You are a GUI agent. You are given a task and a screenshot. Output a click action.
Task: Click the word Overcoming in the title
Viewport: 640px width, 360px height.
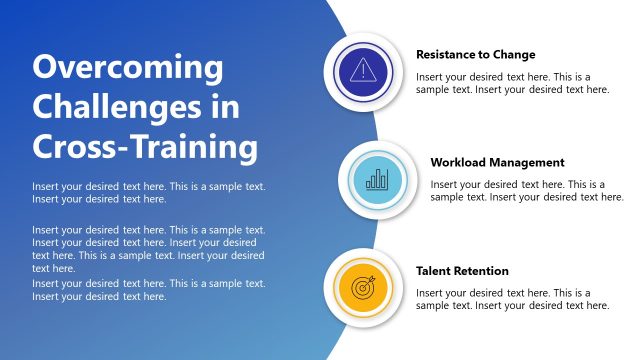point(128,69)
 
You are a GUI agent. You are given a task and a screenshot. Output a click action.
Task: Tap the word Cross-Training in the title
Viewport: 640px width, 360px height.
point(145,147)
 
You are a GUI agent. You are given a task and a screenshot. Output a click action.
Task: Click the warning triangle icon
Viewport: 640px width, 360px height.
point(362,70)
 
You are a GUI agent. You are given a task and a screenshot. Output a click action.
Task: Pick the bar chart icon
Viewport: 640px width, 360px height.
point(377,180)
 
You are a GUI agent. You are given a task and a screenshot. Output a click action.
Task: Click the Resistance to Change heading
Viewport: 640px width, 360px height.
point(475,54)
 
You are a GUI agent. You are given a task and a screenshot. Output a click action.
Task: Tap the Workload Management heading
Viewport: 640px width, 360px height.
point(497,162)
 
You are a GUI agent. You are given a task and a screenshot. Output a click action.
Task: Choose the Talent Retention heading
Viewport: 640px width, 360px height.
point(462,271)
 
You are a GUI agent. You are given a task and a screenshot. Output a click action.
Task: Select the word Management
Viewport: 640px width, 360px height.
point(528,162)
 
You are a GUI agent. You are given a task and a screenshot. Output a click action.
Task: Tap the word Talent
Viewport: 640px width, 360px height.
point(433,271)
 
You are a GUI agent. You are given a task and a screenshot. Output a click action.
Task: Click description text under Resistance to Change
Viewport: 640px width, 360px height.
point(512,83)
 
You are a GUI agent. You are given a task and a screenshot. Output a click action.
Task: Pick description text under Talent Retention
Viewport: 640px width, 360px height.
point(512,299)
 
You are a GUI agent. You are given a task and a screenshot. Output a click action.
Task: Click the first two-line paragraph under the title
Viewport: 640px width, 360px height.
point(148,193)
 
